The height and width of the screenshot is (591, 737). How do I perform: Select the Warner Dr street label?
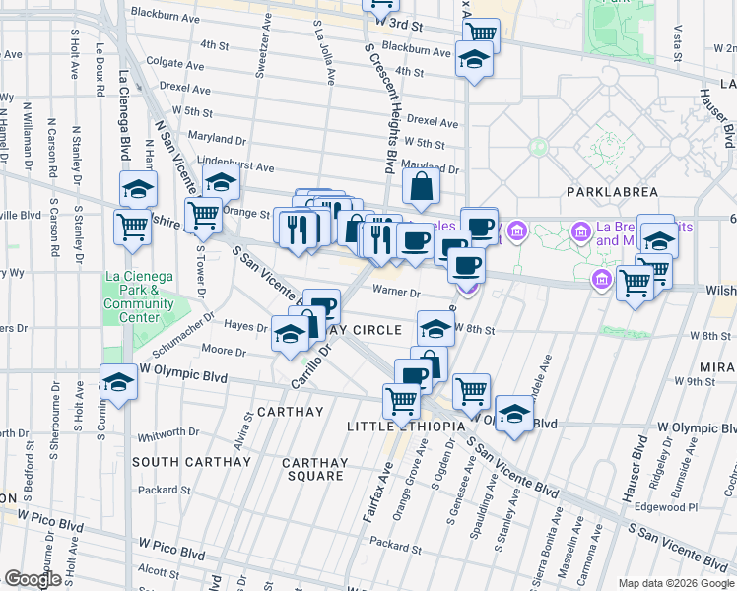[x=398, y=292]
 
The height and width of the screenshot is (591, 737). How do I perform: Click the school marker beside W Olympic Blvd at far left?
[x=118, y=381]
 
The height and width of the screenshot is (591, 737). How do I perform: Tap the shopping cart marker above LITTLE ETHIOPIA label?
[x=401, y=400]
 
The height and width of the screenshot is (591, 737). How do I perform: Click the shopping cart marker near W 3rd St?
[x=481, y=35]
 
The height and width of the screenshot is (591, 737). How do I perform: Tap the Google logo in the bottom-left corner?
[x=32, y=579]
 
